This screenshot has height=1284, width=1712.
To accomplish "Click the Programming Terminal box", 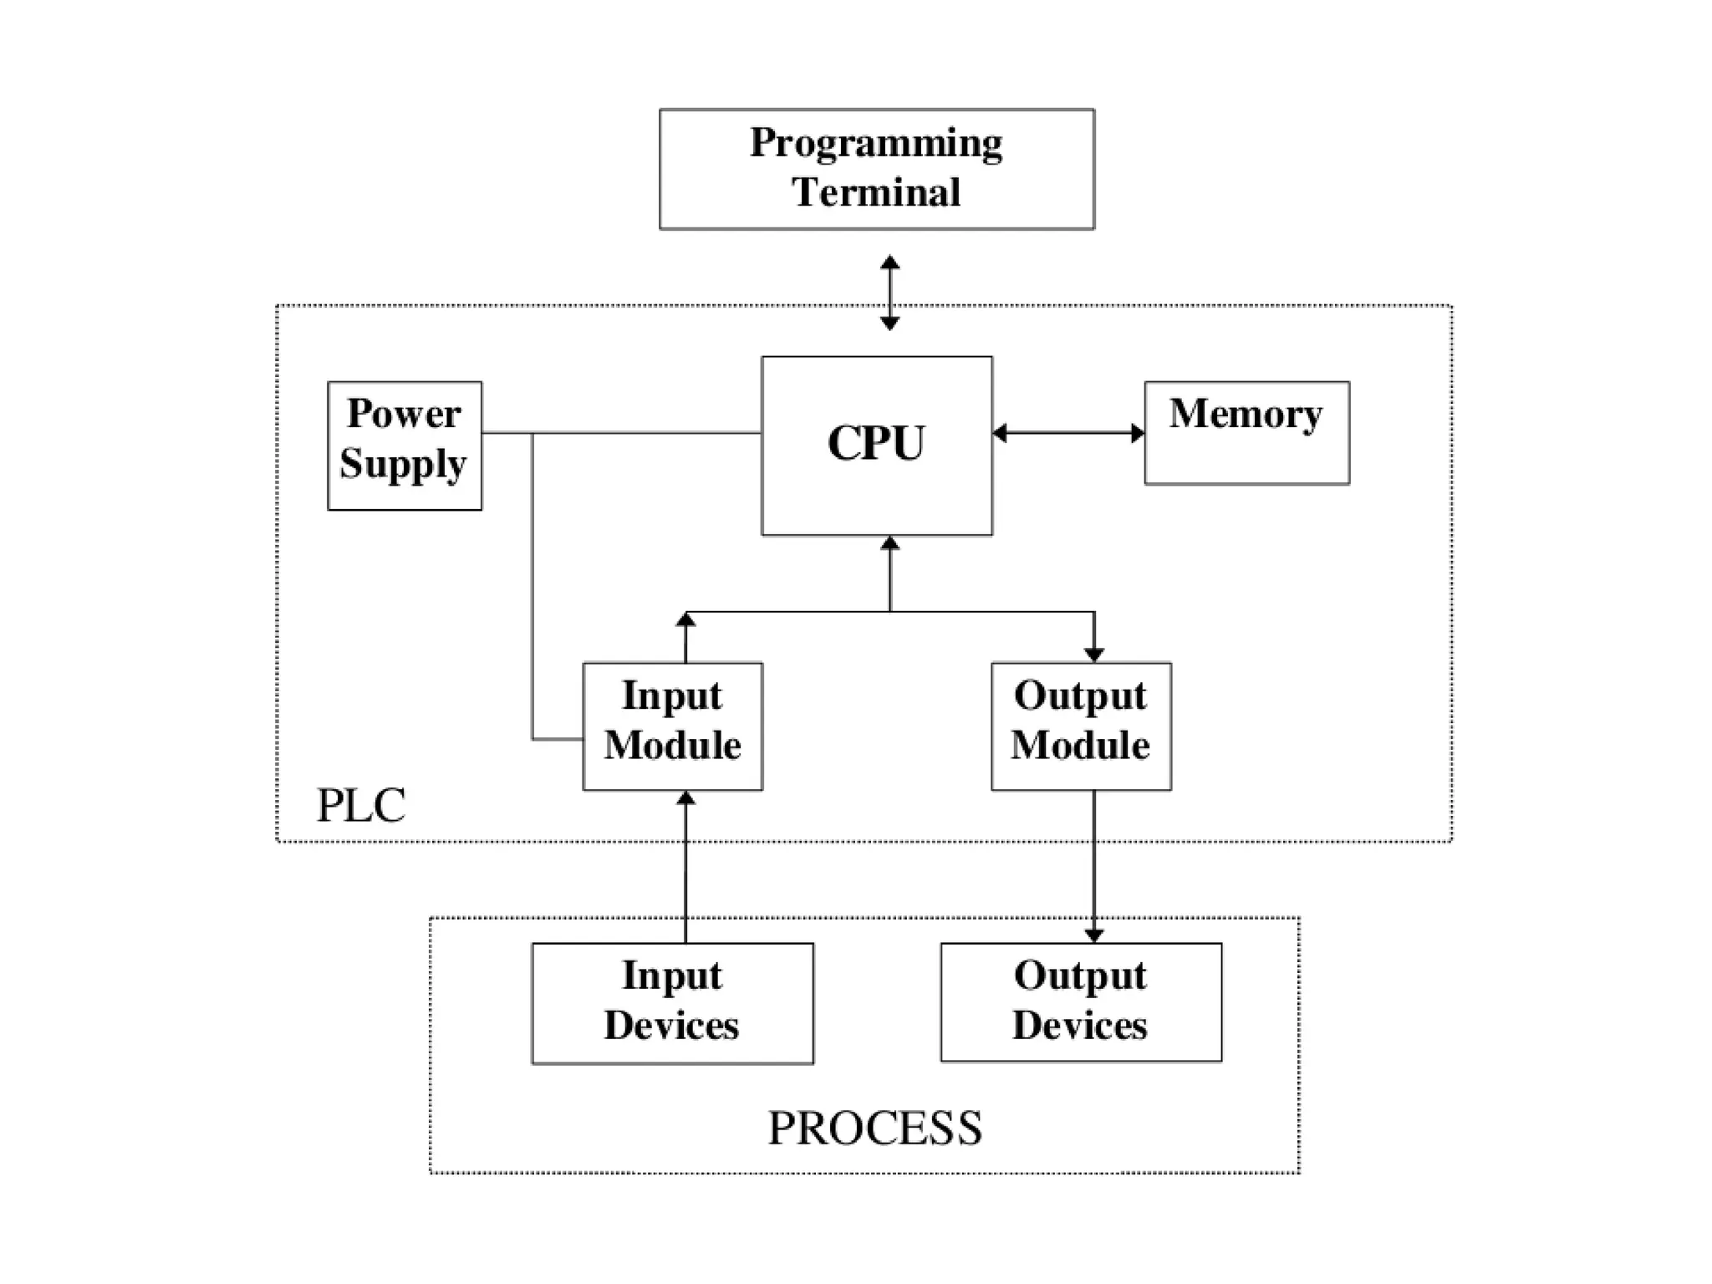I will coord(876,169).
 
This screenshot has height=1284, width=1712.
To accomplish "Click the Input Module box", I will coord(672,726).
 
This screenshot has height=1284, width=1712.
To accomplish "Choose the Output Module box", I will coord(1080,726).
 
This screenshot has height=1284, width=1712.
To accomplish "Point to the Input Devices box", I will coord(672,1002).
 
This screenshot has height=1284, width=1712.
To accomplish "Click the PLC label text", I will coord(361,806).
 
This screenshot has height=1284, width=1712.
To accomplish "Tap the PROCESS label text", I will coord(874,1128).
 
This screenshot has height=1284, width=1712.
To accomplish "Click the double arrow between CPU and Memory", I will coord(1068,433).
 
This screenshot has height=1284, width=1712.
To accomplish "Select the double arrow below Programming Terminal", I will coord(889,293).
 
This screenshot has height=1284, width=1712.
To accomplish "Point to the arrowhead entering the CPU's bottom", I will coord(889,544).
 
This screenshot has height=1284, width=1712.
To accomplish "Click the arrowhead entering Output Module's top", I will coord(1093,655).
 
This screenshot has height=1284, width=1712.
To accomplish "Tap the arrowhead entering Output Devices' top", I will coord(1093,935).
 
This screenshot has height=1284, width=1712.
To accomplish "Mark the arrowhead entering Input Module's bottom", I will coord(685,799).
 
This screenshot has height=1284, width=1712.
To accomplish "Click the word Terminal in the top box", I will coord(876,192).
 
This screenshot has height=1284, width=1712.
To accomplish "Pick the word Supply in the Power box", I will coord(403,465).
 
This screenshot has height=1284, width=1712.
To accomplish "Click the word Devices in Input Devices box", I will coord(672,1026).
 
